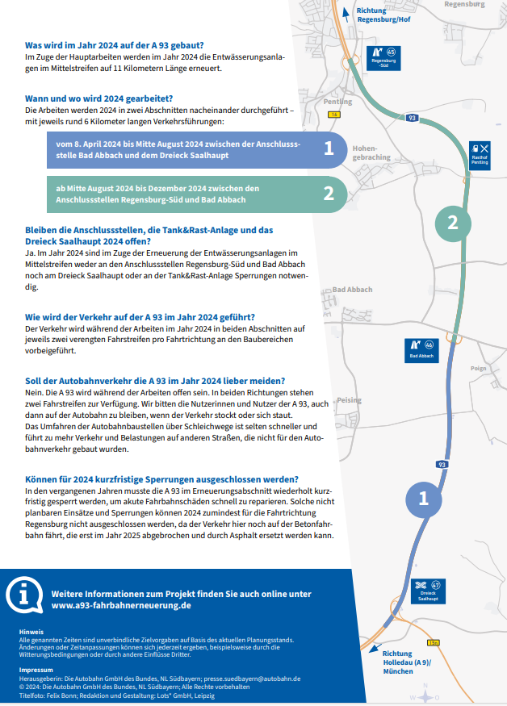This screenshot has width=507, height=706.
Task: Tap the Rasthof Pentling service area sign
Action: click(480, 153)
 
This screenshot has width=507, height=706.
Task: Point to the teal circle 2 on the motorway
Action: click(453, 223)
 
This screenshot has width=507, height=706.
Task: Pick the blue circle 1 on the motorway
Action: click(422, 499)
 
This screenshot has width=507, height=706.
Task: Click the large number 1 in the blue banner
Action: click(329, 148)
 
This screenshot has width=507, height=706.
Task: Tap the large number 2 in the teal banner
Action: click(329, 193)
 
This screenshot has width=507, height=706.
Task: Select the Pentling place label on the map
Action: click(337, 102)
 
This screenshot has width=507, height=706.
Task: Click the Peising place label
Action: click(349, 400)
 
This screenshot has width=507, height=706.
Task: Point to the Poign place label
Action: click(478, 367)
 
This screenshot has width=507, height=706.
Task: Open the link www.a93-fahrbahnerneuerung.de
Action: click(121, 604)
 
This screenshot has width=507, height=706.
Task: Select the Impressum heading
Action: click(36, 670)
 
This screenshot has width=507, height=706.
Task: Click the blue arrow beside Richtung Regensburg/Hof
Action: click(346, 11)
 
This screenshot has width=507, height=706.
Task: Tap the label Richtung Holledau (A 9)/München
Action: click(407, 662)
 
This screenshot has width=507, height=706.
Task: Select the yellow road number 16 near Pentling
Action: click(333, 115)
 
